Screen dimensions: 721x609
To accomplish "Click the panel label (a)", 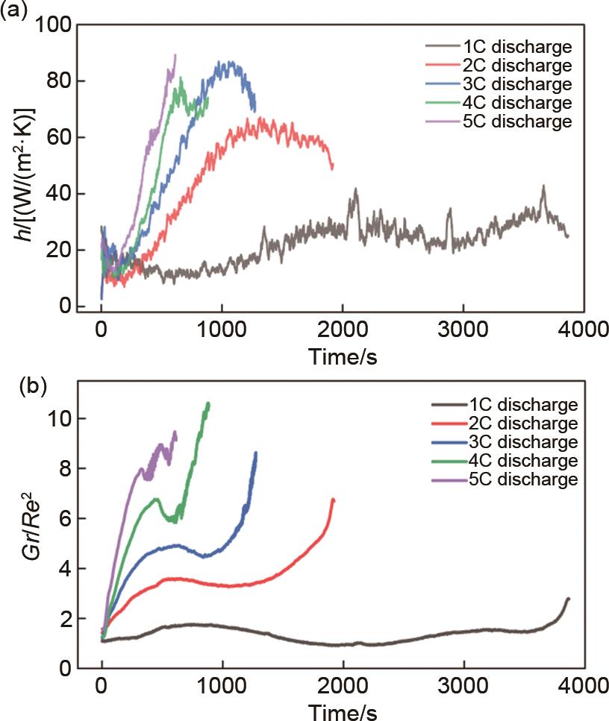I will pos(16,11).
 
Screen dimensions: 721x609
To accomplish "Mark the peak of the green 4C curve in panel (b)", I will pos(208,403).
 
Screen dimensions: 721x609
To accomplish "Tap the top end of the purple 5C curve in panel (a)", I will pos(175,54).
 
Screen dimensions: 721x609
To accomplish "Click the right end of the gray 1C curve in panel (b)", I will pos(569,598).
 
